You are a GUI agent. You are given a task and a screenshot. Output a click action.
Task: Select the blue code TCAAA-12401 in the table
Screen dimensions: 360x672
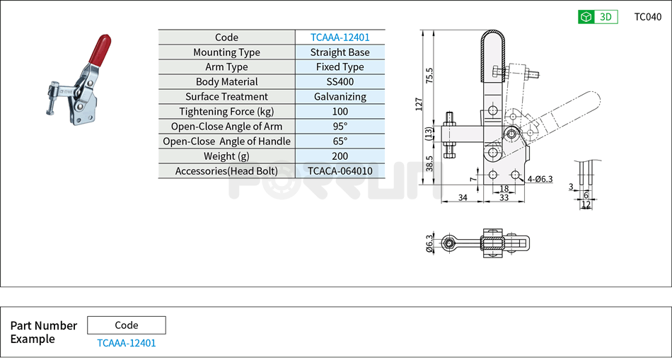coord(340,37)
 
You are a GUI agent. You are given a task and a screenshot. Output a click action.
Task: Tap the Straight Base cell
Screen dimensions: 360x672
coord(340,52)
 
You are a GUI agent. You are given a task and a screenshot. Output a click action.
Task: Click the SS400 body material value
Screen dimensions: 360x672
coord(340,82)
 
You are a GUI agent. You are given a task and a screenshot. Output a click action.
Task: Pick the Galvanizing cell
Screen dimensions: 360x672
coord(340,97)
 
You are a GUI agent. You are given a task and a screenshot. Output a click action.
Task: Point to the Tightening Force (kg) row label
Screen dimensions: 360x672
coord(226,112)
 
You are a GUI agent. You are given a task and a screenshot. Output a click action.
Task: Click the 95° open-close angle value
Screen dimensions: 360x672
coord(340,127)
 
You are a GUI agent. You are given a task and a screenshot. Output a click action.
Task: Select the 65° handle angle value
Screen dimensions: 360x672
coord(340,141)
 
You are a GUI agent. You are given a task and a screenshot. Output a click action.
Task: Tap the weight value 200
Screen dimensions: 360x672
coord(340,156)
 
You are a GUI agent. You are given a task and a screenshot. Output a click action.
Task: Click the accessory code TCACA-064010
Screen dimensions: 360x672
coord(340,171)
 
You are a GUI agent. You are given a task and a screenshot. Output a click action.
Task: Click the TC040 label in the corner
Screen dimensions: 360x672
coord(647,17)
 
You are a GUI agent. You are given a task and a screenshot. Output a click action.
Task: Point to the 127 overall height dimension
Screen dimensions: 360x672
coord(418,105)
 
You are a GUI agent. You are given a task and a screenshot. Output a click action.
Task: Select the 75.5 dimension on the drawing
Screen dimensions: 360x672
coord(429,75)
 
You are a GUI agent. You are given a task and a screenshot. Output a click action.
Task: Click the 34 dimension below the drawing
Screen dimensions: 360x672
coord(462,198)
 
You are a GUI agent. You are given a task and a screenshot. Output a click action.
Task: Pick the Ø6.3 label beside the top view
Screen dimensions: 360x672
coord(429,244)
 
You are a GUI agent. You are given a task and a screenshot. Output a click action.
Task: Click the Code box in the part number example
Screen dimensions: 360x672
coord(127,325)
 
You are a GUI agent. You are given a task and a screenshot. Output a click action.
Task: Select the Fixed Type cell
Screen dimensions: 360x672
coord(340,67)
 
